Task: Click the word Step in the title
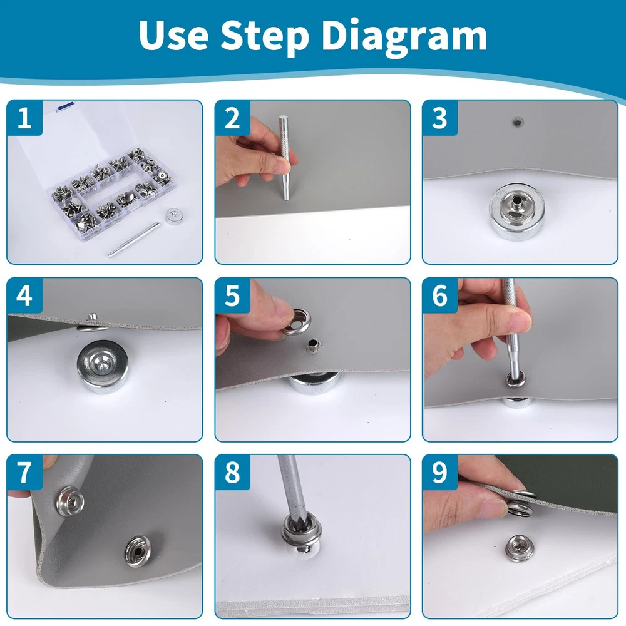(265, 36)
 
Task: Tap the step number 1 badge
(24, 118)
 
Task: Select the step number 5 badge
(232, 296)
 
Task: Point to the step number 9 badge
(440, 473)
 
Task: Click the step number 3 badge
(440, 118)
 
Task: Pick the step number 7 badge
(24, 473)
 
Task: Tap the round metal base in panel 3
(518, 212)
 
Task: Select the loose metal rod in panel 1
(134, 240)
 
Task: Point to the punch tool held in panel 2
(285, 158)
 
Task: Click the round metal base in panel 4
(103, 366)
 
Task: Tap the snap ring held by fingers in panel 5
(296, 321)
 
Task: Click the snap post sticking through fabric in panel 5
(314, 346)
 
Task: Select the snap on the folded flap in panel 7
(70, 501)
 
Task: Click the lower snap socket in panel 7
(138, 552)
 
